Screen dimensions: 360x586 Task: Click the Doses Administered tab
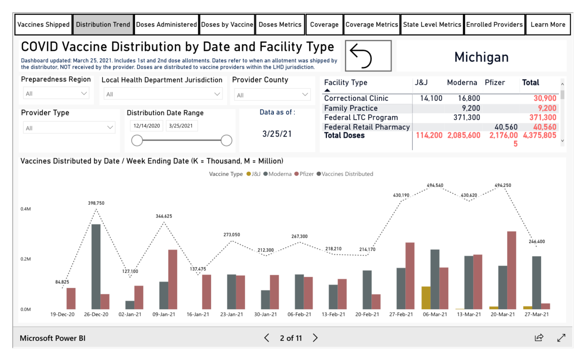pos(167,25)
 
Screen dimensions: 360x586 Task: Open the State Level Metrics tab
pos(432,25)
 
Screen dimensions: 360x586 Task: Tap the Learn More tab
pos(548,25)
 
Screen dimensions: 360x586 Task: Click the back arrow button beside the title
pos(368,56)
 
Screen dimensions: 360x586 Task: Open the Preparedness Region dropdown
pos(56,93)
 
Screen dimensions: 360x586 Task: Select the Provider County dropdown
pos(272,95)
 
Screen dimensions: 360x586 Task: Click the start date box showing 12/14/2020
pos(146,126)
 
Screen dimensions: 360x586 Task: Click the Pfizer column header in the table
pos(494,83)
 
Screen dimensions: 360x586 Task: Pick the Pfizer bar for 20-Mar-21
pos(511,270)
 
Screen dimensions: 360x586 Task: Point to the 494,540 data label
pos(434,185)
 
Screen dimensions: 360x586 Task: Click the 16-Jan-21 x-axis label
pos(198,315)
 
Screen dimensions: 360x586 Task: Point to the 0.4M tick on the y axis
pos(26,209)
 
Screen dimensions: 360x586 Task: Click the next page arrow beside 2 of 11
pos(315,338)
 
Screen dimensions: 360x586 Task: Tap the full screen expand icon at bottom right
pos(561,338)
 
